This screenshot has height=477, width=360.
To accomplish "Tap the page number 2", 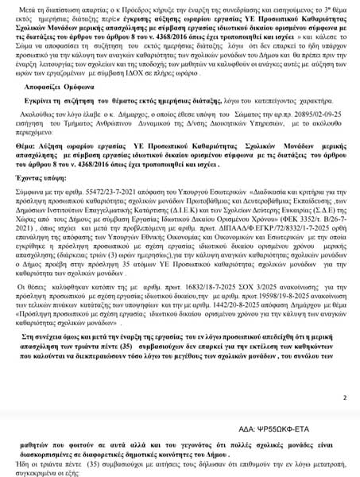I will click(x=344, y=397).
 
